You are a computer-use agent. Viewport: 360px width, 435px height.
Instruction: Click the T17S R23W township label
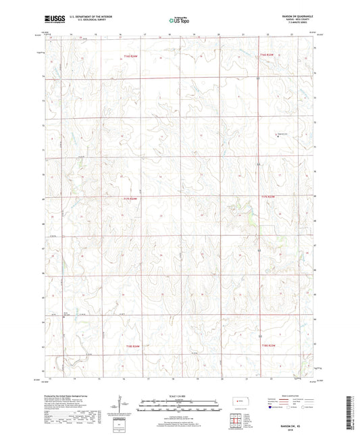tap(268, 197)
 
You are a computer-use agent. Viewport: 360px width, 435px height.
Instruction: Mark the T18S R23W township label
tap(269, 345)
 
